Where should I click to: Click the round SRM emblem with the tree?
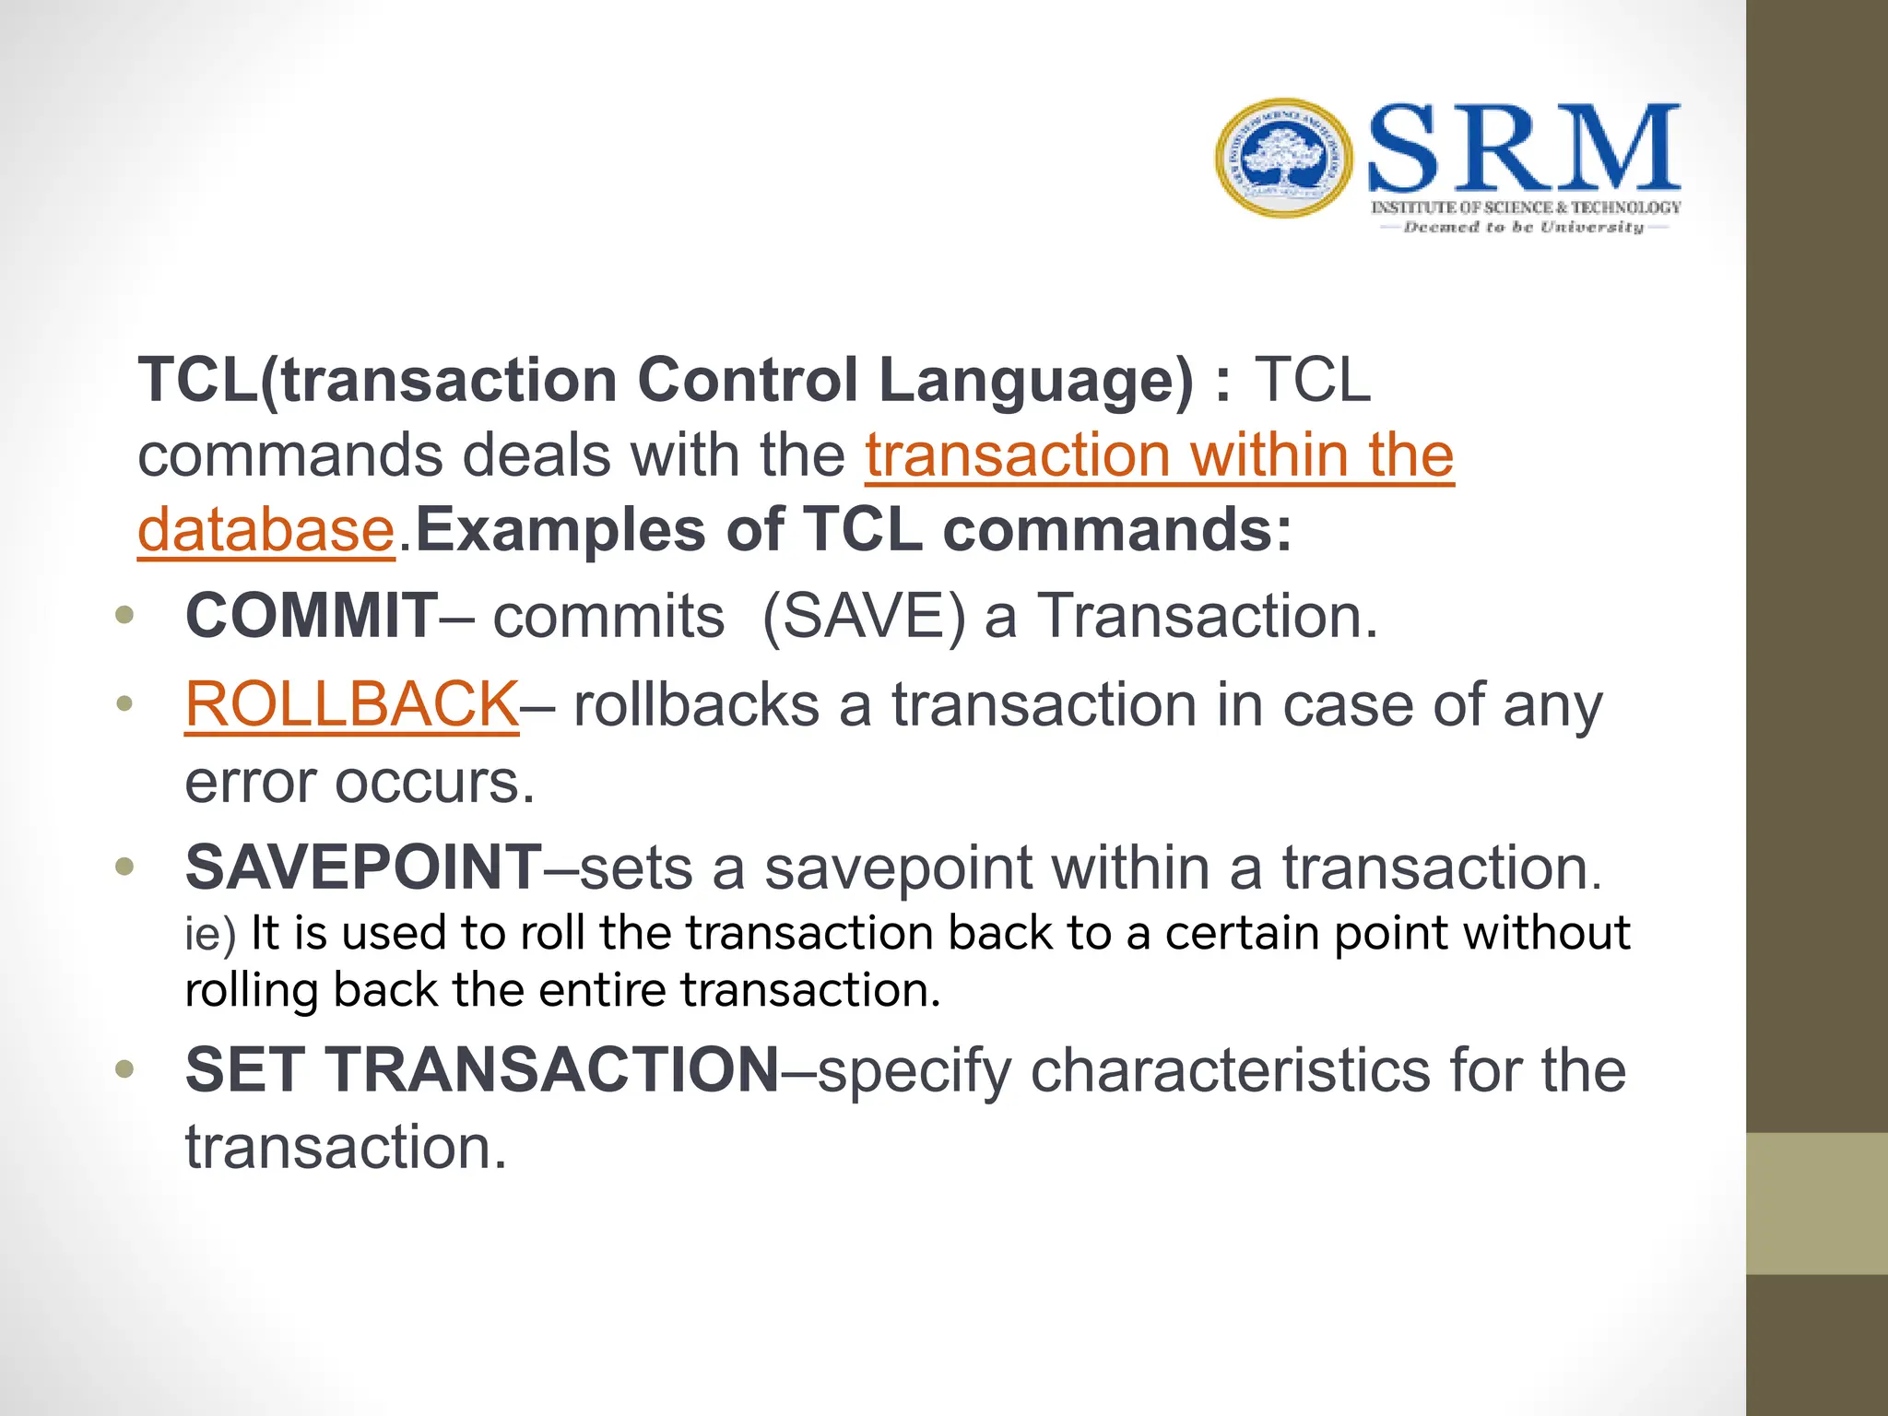(x=1284, y=158)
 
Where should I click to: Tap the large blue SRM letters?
(x=1523, y=149)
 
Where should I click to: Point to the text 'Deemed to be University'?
(x=1523, y=227)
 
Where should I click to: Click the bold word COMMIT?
(x=311, y=616)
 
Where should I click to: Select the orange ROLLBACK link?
(x=351, y=704)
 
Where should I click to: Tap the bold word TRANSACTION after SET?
(x=554, y=1069)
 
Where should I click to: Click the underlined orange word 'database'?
(x=266, y=530)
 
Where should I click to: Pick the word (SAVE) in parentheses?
(x=864, y=616)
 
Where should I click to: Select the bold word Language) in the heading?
(x=1036, y=380)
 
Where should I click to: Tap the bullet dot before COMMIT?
(x=125, y=615)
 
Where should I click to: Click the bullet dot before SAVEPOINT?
(x=125, y=867)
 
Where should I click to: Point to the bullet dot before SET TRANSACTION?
(x=125, y=1069)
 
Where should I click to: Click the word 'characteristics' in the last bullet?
(x=1230, y=1069)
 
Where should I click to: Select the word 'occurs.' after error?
(x=434, y=782)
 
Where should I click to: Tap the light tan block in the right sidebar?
(x=1817, y=1203)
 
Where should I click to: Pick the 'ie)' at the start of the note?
(x=210, y=934)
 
